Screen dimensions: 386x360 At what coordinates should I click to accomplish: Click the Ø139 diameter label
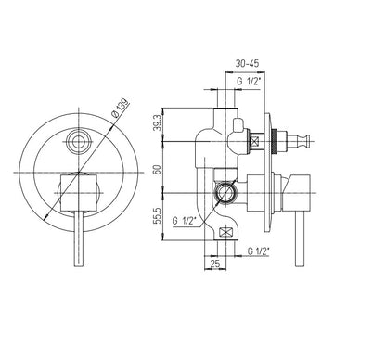(121, 109)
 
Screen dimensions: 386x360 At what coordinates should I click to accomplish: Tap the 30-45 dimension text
(247, 63)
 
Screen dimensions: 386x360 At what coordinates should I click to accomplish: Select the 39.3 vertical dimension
(157, 122)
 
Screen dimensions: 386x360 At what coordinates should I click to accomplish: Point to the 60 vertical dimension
(157, 170)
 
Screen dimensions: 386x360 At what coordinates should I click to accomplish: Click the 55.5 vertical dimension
(157, 215)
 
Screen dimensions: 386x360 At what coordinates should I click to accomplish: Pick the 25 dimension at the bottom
(215, 264)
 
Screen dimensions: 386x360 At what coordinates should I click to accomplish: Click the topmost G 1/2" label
(250, 82)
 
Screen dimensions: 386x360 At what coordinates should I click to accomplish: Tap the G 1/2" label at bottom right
(259, 251)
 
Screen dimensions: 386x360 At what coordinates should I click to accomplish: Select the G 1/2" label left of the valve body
(185, 221)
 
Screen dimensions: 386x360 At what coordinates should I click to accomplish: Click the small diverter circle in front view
(79, 142)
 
